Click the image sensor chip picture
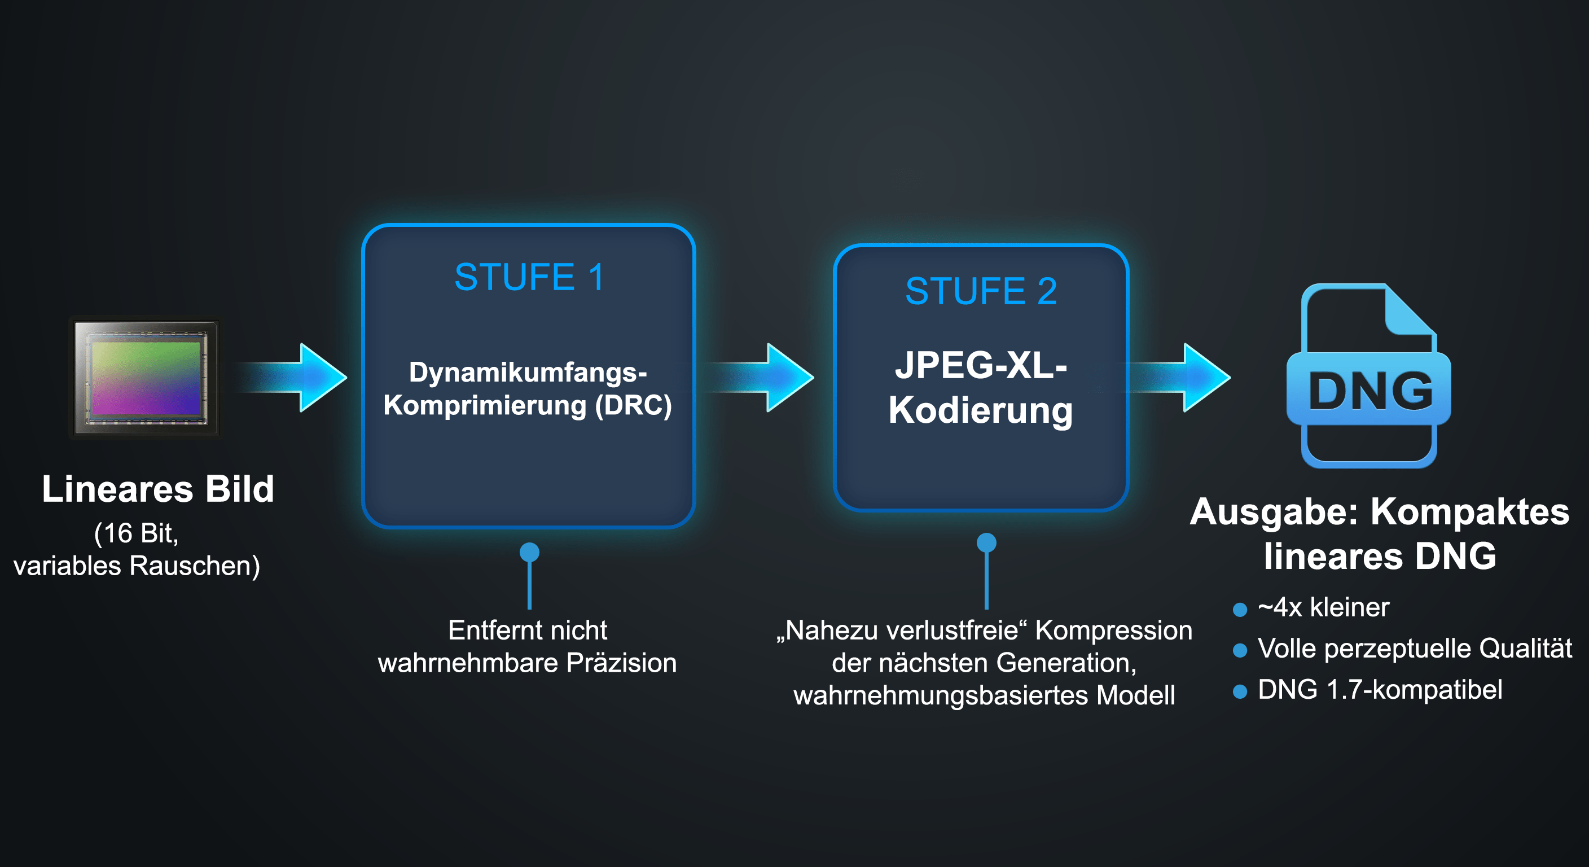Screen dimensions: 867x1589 145,378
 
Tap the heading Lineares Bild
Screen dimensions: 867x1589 158,489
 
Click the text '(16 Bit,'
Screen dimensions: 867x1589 137,533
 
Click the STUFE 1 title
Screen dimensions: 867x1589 529,277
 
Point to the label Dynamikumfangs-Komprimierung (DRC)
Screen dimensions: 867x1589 528,389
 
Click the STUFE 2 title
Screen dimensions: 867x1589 981,291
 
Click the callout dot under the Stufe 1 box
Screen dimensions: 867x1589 529,552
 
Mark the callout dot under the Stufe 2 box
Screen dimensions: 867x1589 986,543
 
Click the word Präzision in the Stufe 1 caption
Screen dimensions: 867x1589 621,663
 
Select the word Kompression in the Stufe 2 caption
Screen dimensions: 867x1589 1113,630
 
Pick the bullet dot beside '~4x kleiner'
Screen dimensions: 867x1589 1240,610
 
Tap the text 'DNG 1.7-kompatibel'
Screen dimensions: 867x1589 1380,690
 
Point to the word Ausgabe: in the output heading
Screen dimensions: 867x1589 1274,512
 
